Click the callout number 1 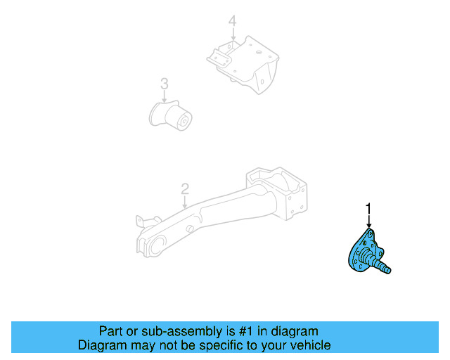pos(367,207)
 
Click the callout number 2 pos(185,188)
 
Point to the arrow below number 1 pos(367,221)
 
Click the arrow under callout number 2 pos(185,202)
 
